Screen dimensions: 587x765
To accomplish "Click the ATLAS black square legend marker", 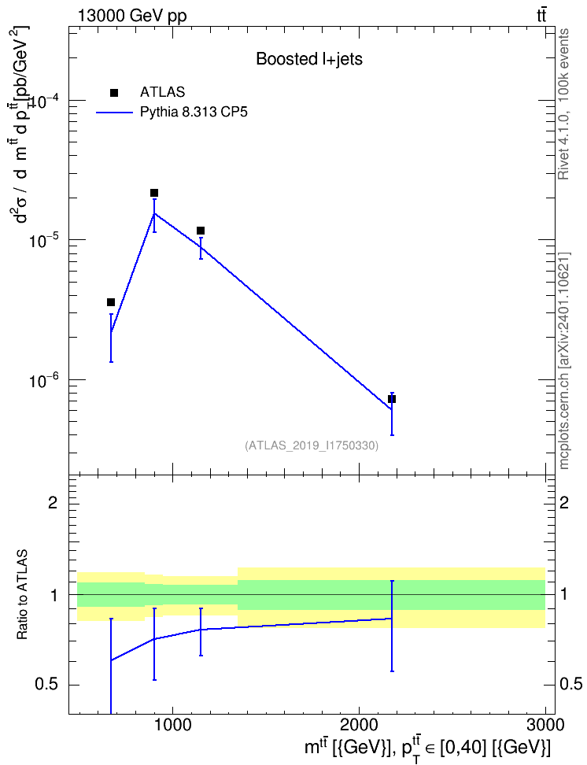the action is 114,93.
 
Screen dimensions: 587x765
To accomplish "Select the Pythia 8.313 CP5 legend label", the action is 194,113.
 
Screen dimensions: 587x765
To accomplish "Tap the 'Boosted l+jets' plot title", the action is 309,60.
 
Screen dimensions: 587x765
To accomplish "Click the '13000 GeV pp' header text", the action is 131,16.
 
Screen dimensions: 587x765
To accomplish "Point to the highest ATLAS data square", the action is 154,193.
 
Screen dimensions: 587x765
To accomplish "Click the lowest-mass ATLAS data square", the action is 111,302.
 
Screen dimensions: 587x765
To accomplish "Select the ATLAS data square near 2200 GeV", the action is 391,399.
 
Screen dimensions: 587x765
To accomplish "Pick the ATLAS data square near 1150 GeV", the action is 201,231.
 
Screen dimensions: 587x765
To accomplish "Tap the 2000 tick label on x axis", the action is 359,725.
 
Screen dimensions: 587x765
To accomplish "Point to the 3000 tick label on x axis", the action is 545,725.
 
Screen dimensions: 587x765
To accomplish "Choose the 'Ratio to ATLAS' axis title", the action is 23,594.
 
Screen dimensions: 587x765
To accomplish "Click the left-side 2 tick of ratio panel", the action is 53,502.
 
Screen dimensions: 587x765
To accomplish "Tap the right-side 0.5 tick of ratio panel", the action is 570,685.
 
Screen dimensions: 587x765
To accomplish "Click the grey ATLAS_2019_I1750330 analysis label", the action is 311,445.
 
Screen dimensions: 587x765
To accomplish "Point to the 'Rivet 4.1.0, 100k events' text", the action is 563,105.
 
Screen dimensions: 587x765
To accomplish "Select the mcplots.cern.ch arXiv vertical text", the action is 564,360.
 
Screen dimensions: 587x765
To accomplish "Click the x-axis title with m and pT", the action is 427,748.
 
